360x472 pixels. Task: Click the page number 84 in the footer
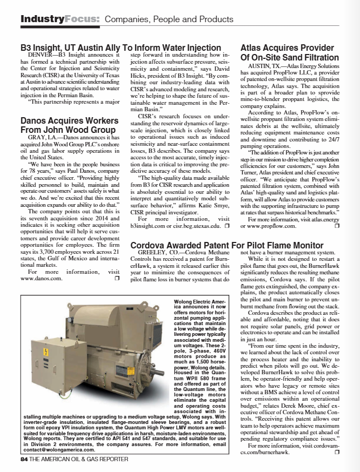click(23, 459)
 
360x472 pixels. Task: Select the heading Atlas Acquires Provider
click(286, 48)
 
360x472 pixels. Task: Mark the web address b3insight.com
click(153, 225)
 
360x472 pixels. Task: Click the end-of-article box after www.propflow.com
click(336, 226)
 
